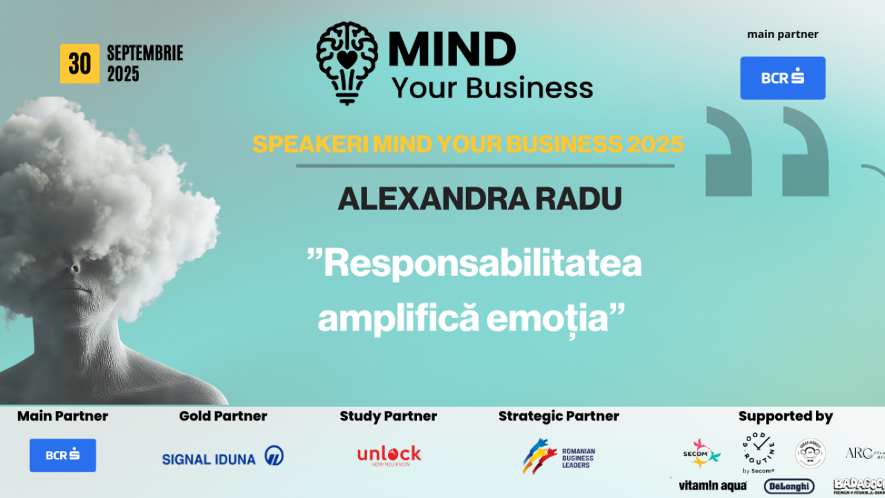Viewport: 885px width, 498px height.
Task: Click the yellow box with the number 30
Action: [80, 64]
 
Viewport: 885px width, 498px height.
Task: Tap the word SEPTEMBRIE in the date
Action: [145, 54]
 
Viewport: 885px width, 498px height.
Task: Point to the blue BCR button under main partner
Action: [783, 78]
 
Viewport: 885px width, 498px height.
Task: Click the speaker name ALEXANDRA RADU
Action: [480, 199]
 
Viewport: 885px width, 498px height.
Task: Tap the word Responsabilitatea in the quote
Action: [475, 264]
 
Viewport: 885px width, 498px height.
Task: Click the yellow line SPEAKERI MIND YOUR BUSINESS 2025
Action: [468, 144]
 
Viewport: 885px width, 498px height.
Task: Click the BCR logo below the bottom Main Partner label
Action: [63, 455]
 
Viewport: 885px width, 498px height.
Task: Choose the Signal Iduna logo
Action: [223, 457]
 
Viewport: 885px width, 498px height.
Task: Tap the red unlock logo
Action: [389, 455]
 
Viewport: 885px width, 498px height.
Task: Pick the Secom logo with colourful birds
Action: [701, 453]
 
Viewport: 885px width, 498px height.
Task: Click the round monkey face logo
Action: [810, 454]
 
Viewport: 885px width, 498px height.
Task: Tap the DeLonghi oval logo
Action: [789, 486]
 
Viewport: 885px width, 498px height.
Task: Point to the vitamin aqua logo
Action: [712, 486]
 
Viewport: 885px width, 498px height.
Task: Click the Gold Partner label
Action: [223, 416]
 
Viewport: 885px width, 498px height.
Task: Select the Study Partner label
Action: [388, 416]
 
